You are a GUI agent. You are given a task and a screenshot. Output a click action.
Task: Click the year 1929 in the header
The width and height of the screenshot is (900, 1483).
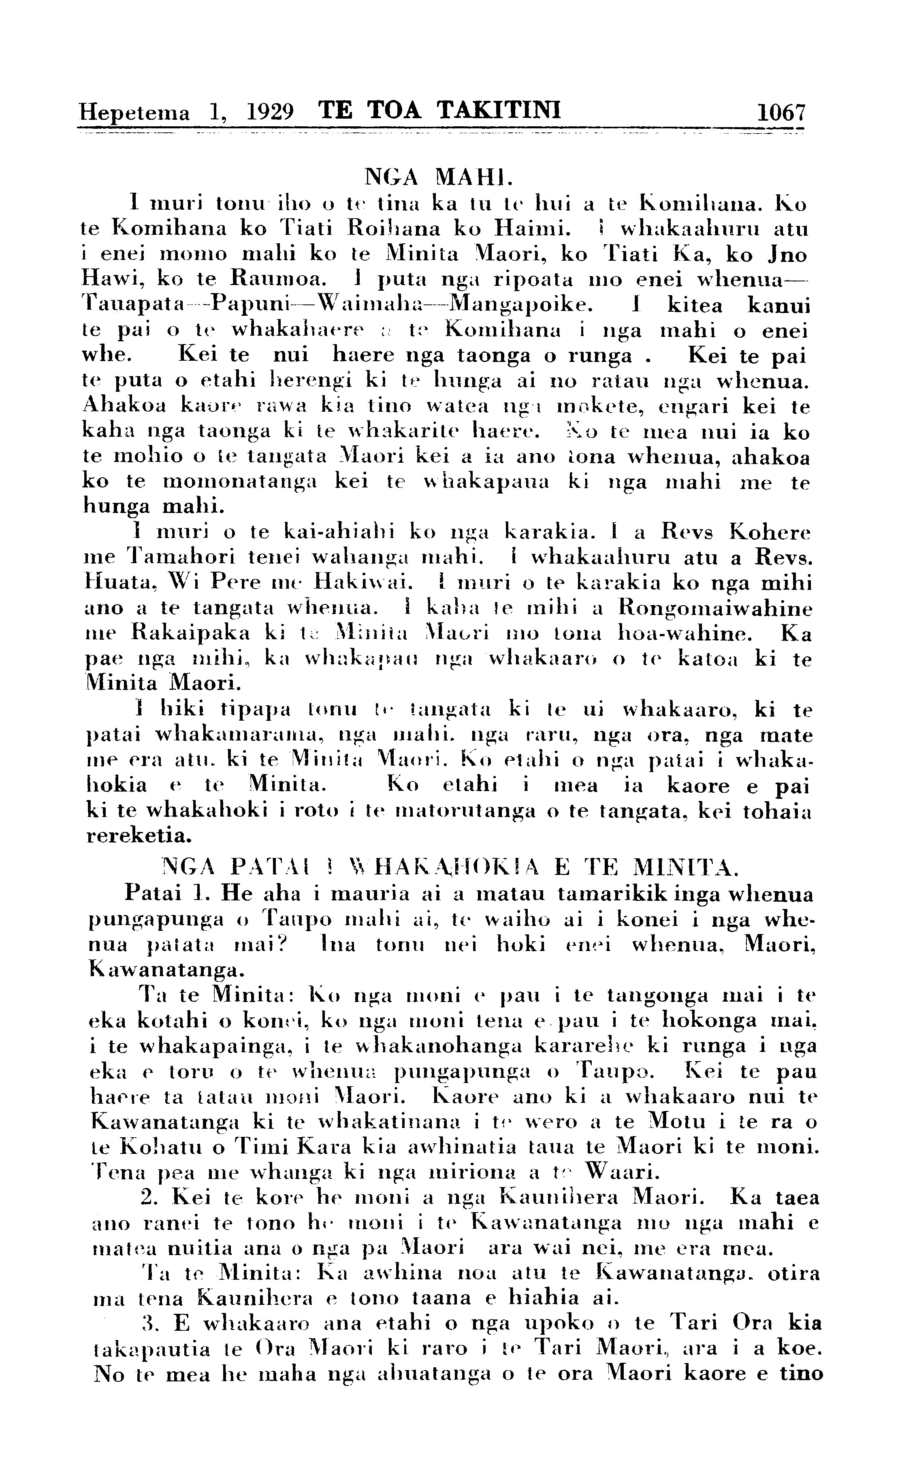coord(270,112)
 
